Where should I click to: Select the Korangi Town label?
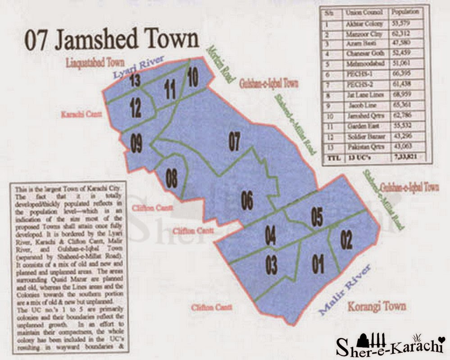pyautogui.click(x=377, y=307)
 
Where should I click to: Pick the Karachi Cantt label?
pyautogui.click(x=81, y=114)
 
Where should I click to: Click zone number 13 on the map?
pyautogui.click(x=134, y=81)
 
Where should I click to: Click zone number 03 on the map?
pyautogui.click(x=271, y=265)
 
